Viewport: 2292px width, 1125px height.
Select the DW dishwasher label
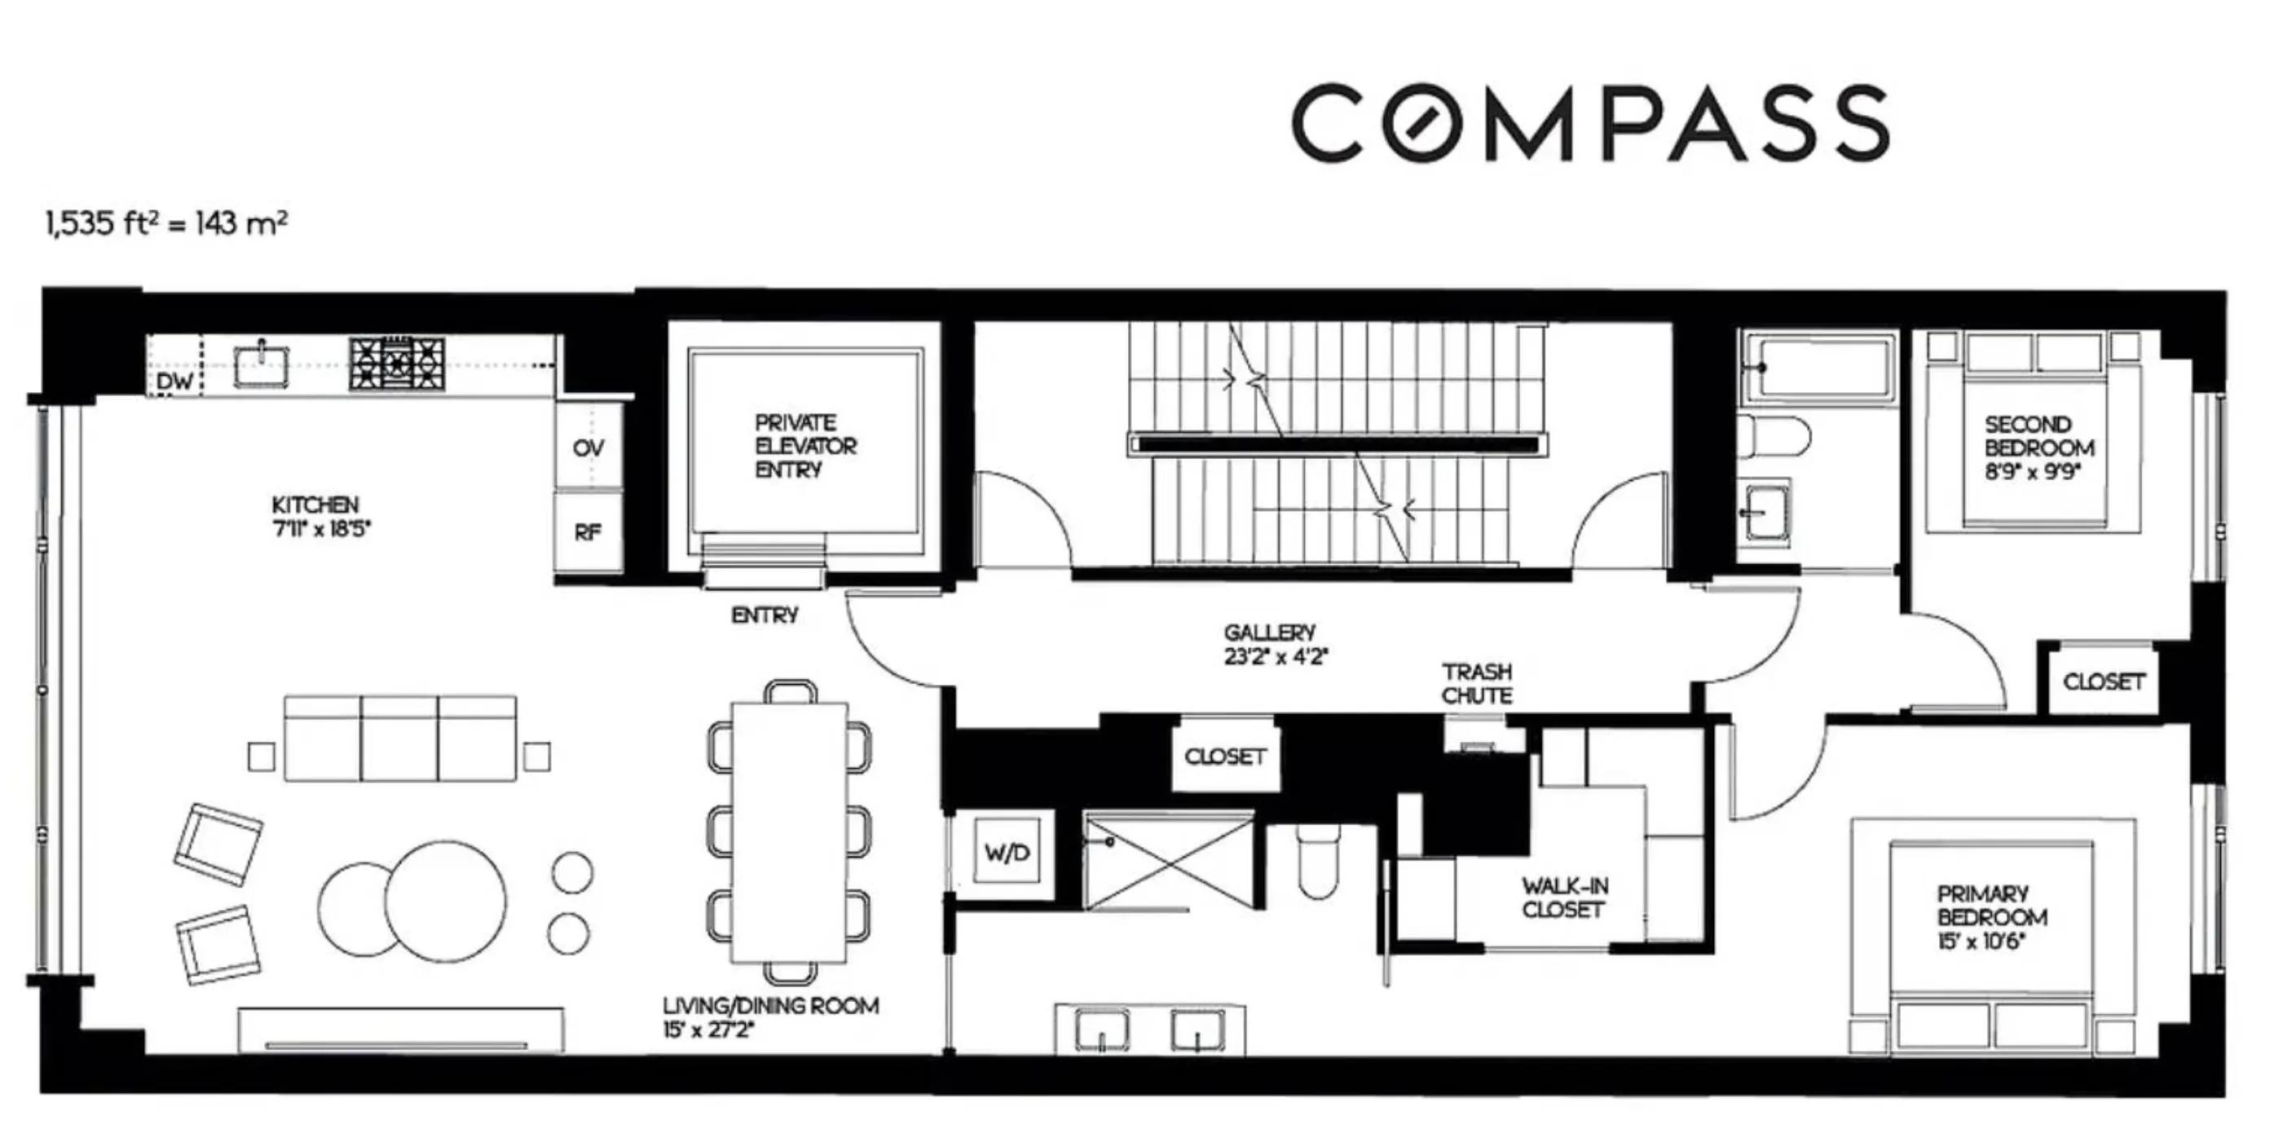coord(174,382)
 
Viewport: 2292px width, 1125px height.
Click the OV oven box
coord(588,448)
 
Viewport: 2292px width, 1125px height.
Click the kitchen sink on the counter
coord(262,365)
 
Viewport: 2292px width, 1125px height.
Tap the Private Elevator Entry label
coord(804,446)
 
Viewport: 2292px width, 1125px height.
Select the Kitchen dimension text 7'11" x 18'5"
coord(321,529)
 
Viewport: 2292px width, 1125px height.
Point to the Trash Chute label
coord(1477,682)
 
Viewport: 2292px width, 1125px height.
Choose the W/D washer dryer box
coord(1007,852)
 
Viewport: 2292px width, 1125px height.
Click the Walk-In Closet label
coord(1564,898)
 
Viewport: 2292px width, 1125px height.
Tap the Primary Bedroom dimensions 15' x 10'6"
coord(1981,941)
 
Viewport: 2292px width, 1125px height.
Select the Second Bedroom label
coord(2039,436)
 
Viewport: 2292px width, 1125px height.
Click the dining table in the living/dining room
coord(788,832)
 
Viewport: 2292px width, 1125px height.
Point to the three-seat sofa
coord(399,739)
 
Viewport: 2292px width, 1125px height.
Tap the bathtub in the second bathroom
coord(1818,367)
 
